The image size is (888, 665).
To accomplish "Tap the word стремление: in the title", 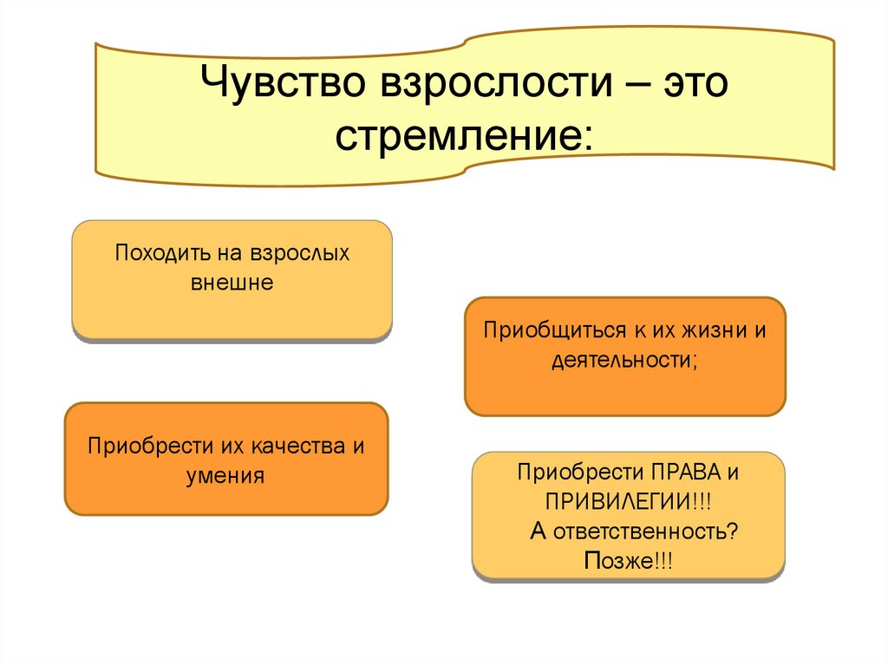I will click(x=466, y=136).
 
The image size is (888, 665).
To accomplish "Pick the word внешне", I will click(x=232, y=283).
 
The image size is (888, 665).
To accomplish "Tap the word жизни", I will click(x=710, y=331).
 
